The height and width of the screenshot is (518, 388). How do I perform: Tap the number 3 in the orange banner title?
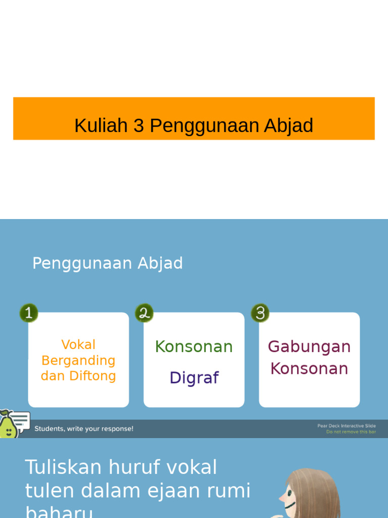point(139,125)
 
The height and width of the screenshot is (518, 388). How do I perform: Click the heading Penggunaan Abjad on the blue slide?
point(108,263)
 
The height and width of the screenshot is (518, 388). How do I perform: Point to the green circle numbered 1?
point(29,313)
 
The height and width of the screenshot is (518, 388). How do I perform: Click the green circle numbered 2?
point(144,313)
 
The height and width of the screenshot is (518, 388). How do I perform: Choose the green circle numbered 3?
point(260,313)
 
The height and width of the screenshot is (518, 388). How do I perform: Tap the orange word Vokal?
point(78,344)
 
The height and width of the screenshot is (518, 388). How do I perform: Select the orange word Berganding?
point(78,360)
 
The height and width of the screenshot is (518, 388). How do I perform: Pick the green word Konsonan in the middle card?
point(194,347)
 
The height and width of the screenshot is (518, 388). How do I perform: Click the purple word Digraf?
point(194,378)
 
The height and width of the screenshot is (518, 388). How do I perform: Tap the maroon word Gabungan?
point(309,347)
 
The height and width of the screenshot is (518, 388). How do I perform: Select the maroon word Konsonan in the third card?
point(309,368)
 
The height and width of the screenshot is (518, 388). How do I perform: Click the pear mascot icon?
point(7,425)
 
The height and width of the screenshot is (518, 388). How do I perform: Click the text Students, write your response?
point(84,428)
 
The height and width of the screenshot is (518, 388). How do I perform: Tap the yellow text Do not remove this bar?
point(351,432)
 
